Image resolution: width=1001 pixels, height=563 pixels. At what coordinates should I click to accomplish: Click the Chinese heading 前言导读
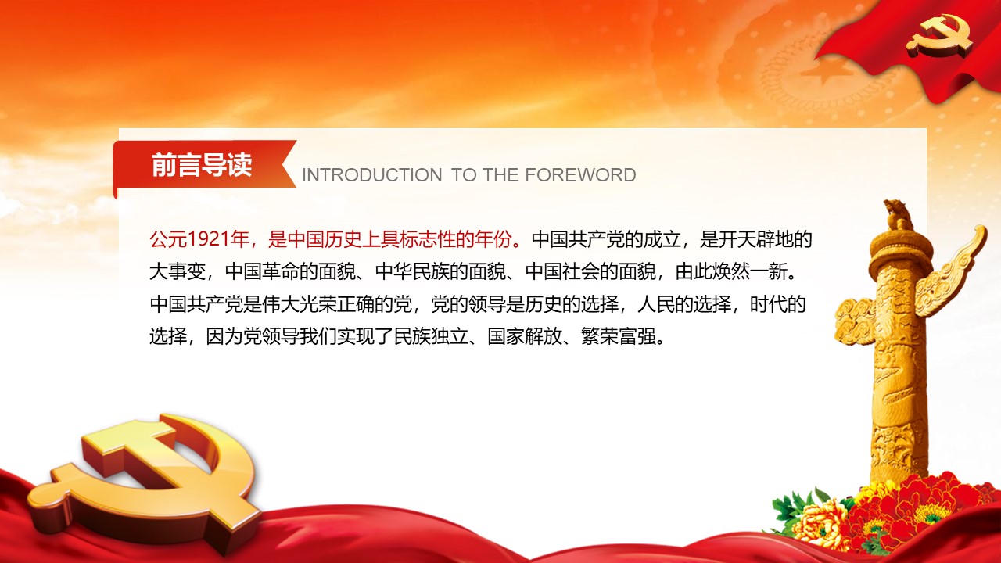coord(202,164)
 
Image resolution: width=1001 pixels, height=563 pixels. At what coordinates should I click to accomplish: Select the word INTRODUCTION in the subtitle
coord(371,175)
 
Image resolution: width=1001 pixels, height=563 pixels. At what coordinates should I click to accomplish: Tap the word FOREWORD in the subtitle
coord(580,175)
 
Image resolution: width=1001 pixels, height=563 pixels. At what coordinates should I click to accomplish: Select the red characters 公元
coord(167,239)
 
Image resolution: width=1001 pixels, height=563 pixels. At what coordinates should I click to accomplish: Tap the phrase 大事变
coord(178,271)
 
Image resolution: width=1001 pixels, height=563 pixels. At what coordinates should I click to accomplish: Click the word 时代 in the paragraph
coord(768,304)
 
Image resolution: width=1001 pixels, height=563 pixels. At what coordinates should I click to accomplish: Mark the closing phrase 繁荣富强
coord(618,336)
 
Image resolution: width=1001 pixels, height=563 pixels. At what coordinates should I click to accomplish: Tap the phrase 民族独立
coord(431,336)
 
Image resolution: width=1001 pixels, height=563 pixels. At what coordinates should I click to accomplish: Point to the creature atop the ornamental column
coord(897,214)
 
